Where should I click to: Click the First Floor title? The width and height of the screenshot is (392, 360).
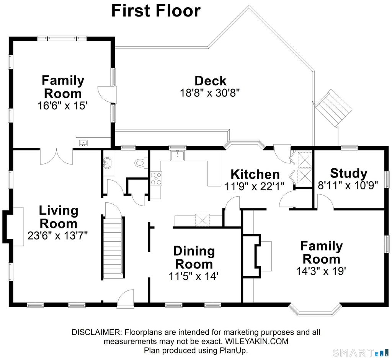click(x=156, y=11)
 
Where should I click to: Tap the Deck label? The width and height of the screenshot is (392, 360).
click(x=210, y=81)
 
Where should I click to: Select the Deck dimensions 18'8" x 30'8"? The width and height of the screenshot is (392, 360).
click(x=210, y=93)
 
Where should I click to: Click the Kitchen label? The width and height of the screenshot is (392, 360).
click(x=255, y=174)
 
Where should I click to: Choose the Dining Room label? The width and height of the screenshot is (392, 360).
click(x=194, y=257)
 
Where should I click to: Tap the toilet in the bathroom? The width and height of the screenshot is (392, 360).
click(x=140, y=163)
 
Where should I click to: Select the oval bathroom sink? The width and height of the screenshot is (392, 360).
click(x=108, y=163)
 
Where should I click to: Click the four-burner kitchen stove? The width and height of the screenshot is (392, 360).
click(x=156, y=178)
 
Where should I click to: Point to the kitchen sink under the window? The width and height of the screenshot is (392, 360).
click(x=178, y=156)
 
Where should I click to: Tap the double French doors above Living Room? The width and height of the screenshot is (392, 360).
click(x=57, y=156)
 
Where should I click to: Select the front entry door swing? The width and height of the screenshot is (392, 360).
click(x=126, y=297)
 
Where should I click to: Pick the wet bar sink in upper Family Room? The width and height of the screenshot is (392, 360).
click(x=83, y=143)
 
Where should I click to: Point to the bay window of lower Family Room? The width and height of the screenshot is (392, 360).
click(x=315, y=310)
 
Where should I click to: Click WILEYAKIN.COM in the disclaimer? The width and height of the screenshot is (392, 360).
click(x=257, y=341)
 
